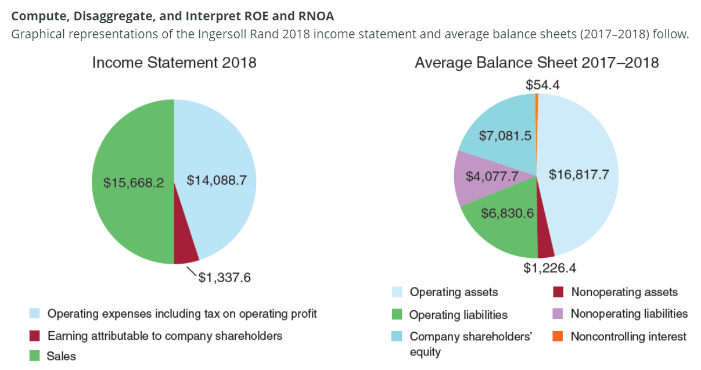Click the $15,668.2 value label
[x=134, y=182]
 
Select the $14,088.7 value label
[x=217, y=181]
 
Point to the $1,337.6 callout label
[x=225, y=278]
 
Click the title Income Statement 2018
[x=174, y=63]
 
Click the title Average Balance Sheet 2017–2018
[x=536, y=63]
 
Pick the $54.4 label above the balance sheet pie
[x=542, y=85]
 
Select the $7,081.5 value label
[x=505, y=136]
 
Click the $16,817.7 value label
[x=579, y=174]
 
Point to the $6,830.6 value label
[x=507, y=213]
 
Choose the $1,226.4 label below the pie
[x=549, y=268]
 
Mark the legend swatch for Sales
[x=35, y=355]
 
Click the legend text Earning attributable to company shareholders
[x=164, y=336]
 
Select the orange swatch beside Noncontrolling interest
[x=558, y=336]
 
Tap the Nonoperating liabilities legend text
[x=629, y=314]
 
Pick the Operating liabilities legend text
[x=458, y=315]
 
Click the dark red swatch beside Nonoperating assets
[x=558, y=292]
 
